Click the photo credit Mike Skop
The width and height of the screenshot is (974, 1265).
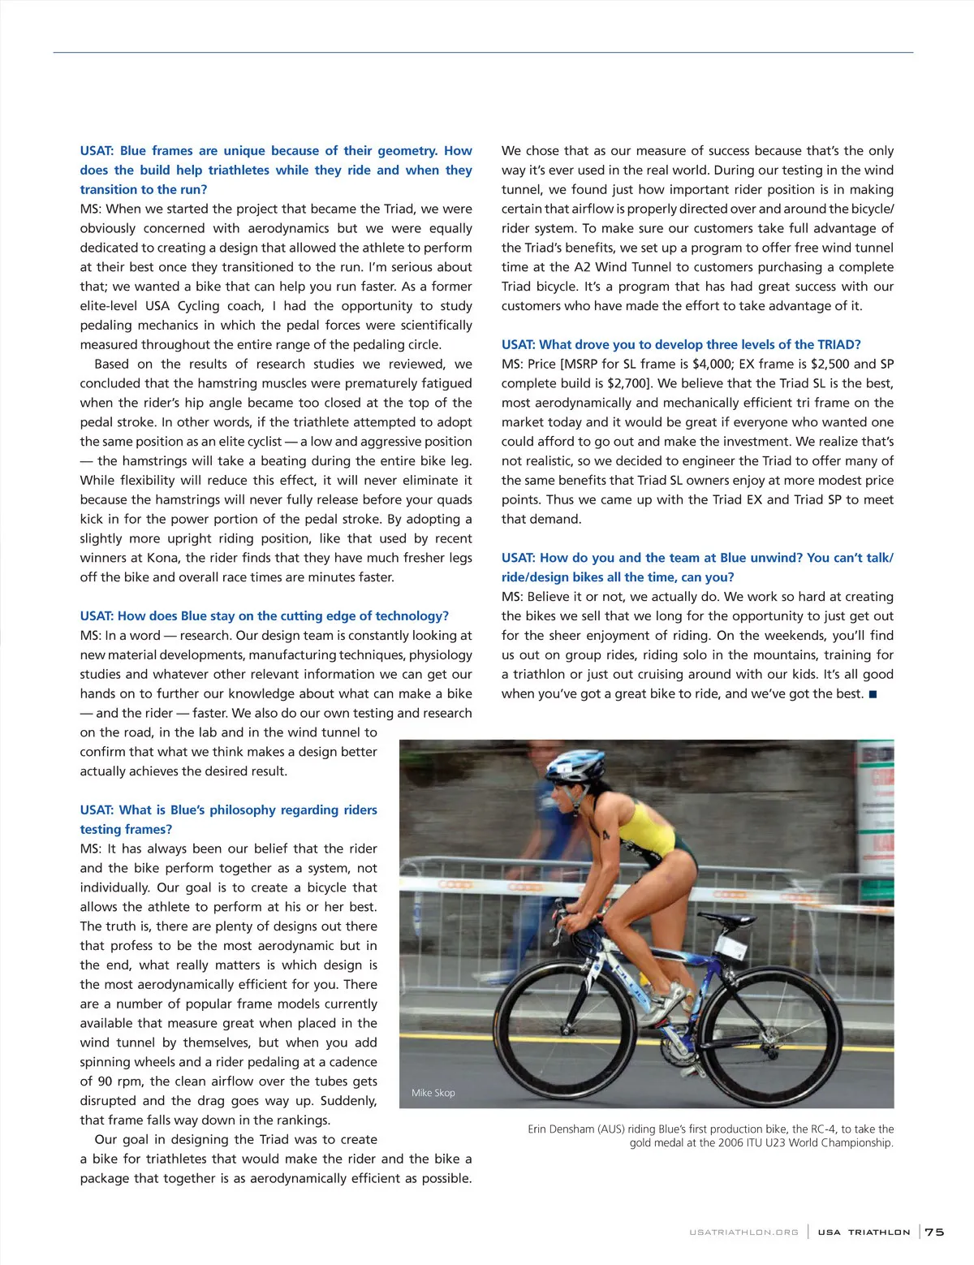(x=433, y=1093)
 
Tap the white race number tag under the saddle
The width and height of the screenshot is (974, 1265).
(x=751, y=947)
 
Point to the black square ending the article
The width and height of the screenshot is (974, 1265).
(x=873, y=693)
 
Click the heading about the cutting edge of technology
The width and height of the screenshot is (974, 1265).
(x=264, y=615)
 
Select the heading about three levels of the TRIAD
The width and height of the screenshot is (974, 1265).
(x=681, y=344)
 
